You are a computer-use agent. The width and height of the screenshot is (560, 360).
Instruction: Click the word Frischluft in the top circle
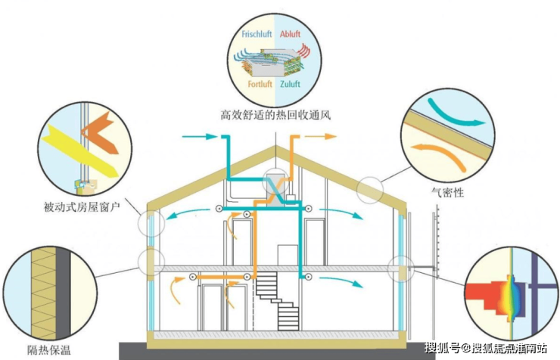click(x=257, y=34)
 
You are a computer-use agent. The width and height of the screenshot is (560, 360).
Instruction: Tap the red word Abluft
click(x=290, y=34)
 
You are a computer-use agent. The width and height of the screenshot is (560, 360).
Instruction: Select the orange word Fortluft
click(x=259, y=85)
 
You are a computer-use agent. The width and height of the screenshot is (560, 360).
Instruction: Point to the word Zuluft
click(x=291, y=85)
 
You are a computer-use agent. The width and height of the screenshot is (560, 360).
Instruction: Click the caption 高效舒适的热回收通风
click(x=275, y=116)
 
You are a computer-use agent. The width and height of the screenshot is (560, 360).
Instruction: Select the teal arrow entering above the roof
click(x=199, y=137)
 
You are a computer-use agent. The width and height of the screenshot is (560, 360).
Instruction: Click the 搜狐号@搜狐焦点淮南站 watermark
click(x=489, y=349)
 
